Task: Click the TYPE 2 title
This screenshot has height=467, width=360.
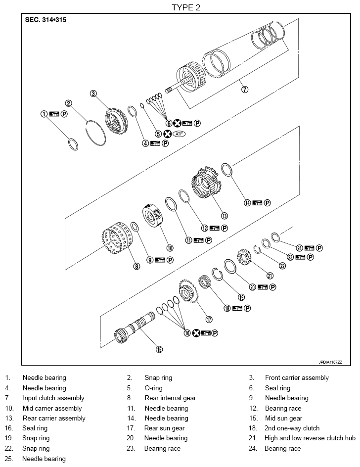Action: pos(186,7)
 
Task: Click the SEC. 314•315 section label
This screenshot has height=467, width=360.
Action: pos(45,21)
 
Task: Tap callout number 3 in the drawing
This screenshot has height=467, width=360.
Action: pos(93,93)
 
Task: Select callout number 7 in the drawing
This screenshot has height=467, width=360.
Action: pos(244,90)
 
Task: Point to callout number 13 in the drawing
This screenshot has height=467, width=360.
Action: pos(224,216)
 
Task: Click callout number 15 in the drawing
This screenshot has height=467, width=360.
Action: pos(159,349)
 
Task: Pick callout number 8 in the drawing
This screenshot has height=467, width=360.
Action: pos(136,266)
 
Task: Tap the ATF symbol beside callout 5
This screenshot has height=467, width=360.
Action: pos(179,134)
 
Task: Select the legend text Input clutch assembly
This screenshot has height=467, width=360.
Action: pos(53,398)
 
